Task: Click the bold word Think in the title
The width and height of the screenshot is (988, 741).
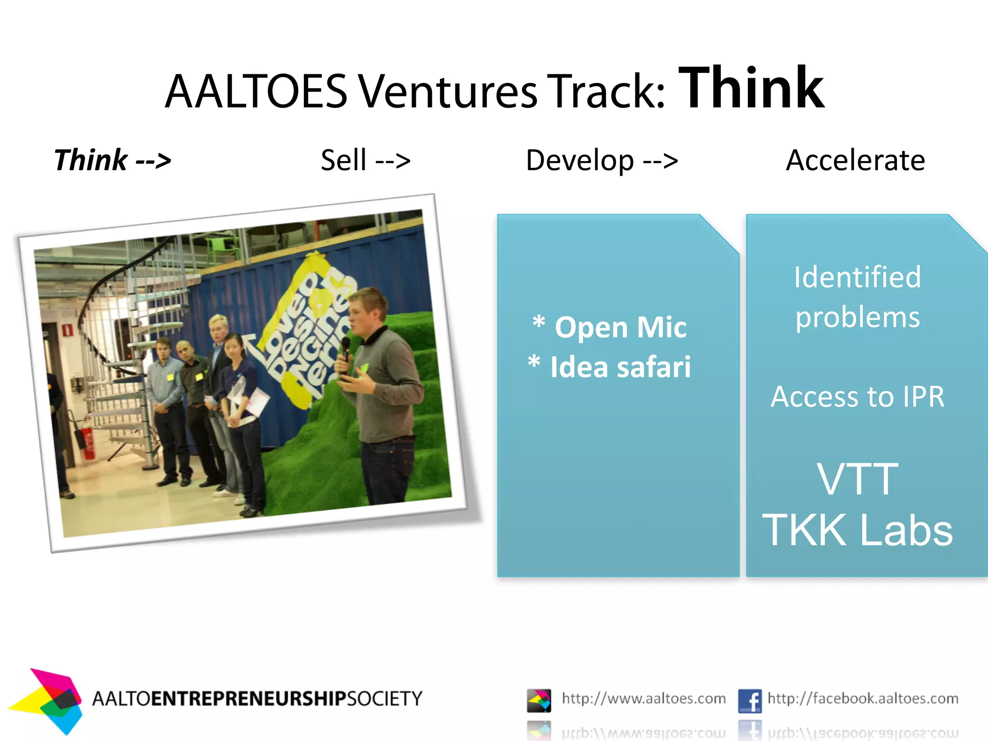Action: click(751, 89)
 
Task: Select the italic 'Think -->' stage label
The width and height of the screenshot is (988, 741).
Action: click(112, 160)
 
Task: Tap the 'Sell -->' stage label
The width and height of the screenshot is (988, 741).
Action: click(365, 160)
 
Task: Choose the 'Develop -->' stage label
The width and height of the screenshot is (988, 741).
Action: click(602, 160)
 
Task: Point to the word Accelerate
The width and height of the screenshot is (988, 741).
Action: click(855, 160)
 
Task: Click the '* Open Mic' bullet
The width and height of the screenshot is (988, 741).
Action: click(609, 327)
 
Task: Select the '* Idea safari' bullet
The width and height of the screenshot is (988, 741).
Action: click(609, 367)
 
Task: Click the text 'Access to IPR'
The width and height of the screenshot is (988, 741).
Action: click(857, 397)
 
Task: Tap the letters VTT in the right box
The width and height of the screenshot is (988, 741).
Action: click(857, 479)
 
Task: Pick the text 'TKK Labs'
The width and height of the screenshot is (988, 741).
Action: click(857, 530)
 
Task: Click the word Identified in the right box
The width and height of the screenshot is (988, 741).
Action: click(857, 277)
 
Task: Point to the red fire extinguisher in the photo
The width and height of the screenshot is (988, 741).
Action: click(88, 441)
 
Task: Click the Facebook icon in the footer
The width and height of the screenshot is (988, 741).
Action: click(749, 700)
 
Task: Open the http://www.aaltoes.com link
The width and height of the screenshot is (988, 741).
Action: click(644, 699)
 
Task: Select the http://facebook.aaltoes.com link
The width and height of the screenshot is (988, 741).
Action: click(863, 699)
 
